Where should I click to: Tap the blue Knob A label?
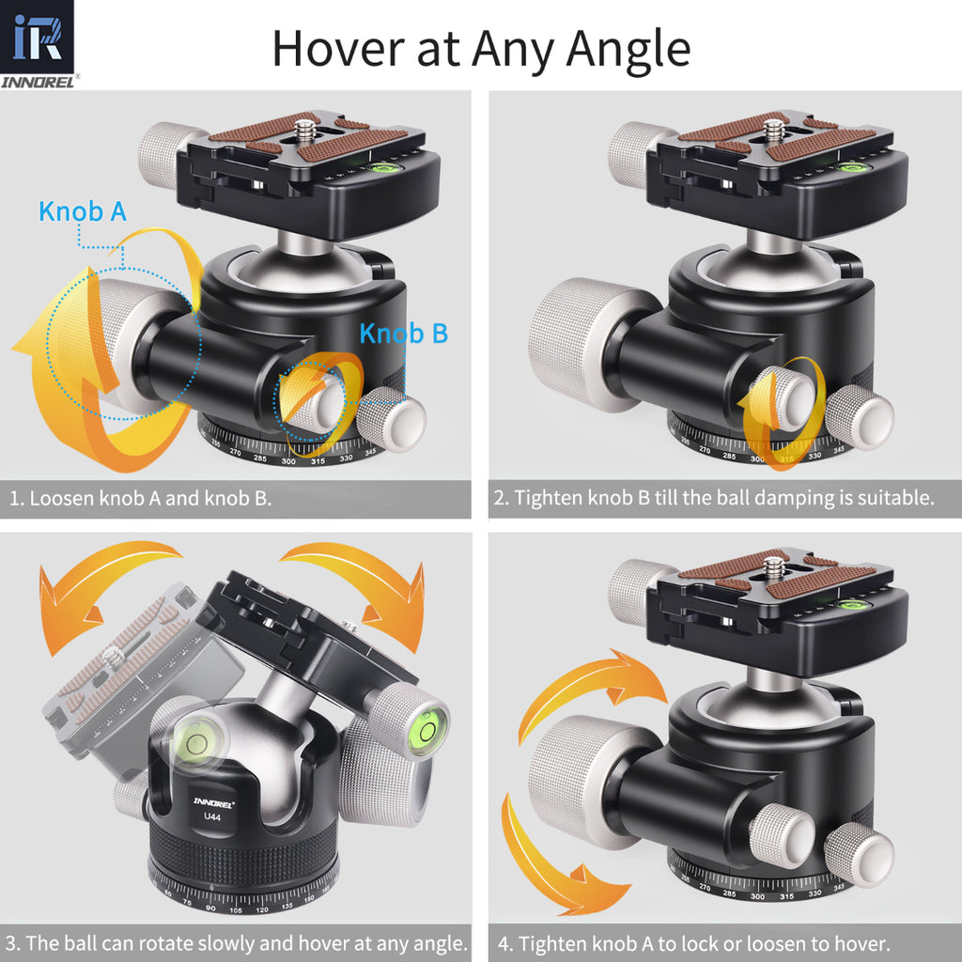[x=83, y=211]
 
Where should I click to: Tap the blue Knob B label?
[x=404, y=333]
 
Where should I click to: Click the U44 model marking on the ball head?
[x=213, y=815]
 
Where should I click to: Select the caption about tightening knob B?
[x=715, y=498]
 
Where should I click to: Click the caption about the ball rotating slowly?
[x=236, y=942]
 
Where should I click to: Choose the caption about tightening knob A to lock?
[x=704, y=942]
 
